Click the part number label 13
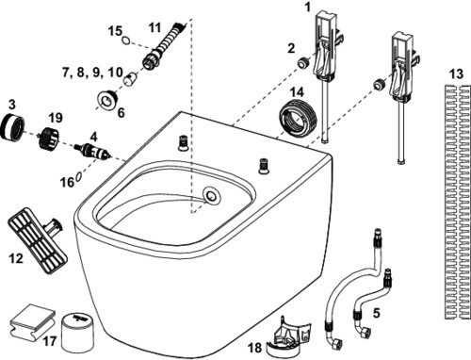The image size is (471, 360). coord(456,74)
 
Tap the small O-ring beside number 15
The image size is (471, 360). coord(126,41)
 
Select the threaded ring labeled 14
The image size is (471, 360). coord(298,118)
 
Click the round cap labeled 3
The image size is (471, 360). coord(12,126)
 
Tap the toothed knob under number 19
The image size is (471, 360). coord(49,139)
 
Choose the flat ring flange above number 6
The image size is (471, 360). coord(107,100)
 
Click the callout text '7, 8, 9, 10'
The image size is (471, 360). coord(92,73)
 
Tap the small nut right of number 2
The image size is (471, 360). coord(303,62)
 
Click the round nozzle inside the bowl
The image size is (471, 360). coord(212,195)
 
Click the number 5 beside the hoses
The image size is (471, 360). coord(376,313)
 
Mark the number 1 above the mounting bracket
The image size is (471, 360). coord(308,7)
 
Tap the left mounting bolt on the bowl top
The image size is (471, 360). coord(182,143)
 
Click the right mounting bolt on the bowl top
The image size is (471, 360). coord(262,166)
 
